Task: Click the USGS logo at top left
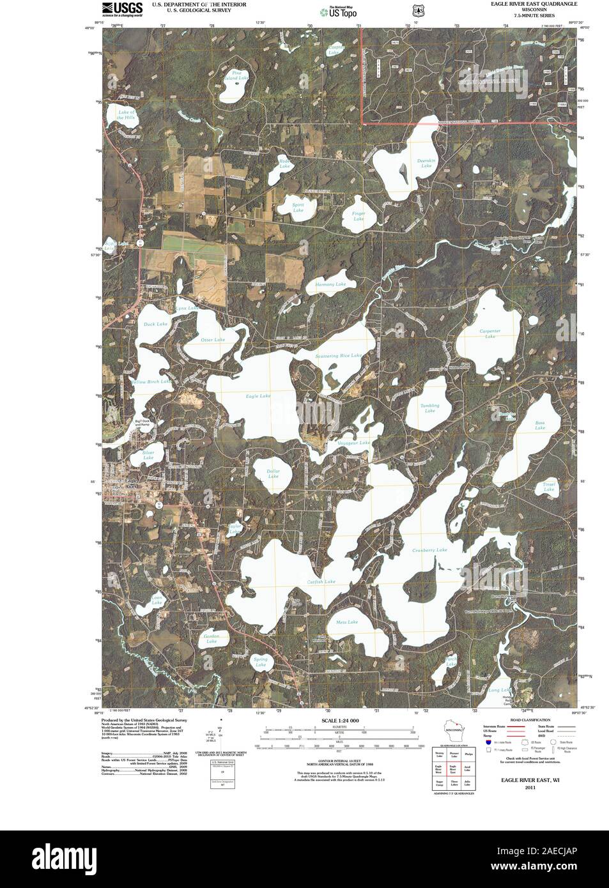coord(122,8)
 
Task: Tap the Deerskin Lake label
coord(426,163)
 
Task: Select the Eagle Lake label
coord(258,396)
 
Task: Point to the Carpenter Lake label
coord(490,333)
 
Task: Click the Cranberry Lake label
coord(429,550)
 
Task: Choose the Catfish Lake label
coord(321,582)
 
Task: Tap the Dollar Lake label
coord(274,473)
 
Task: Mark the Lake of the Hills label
coord(127,115)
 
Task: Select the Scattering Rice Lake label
coord(339,355)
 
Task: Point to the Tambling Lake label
coord(430,408)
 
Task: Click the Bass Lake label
coord(540,425)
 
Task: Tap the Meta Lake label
coord(347,622)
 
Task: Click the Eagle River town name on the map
coord(131,484)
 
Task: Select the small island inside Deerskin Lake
coord(401,171)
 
